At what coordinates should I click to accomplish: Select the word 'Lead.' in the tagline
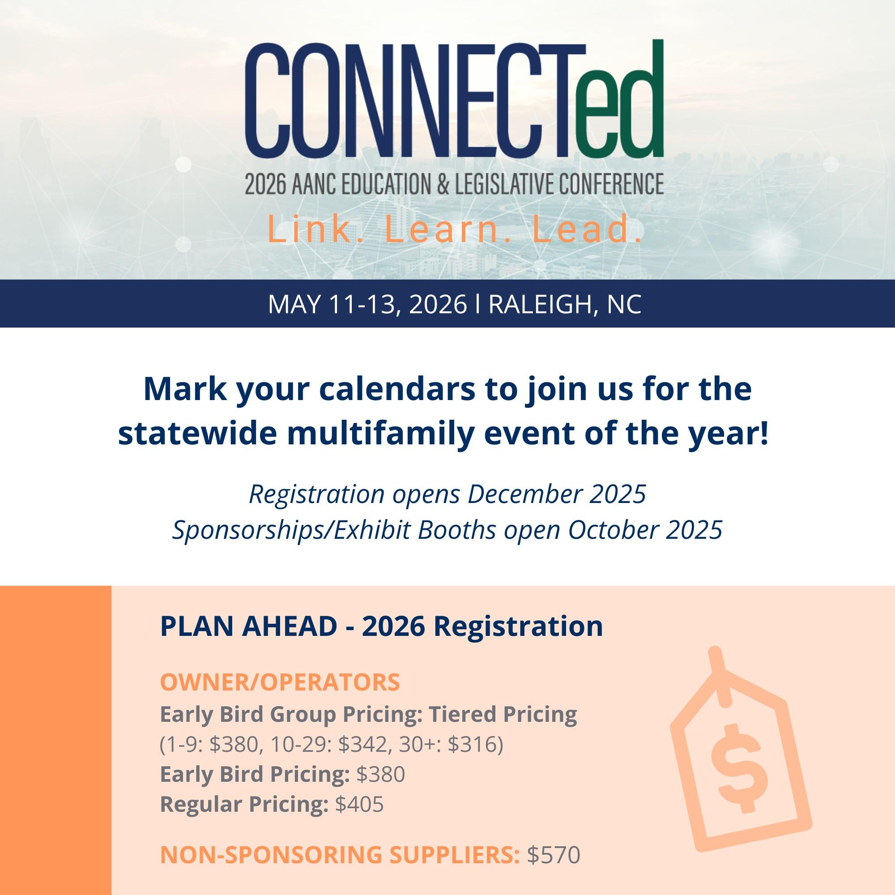[x=587, y=231]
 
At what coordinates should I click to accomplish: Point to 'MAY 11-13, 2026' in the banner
[x=367, y=305]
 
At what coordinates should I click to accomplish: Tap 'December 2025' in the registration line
[x=556, y=494]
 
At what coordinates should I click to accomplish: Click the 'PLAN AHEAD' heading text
[x=248, y=627]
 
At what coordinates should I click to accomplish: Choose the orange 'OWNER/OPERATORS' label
[x=280, y=682]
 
